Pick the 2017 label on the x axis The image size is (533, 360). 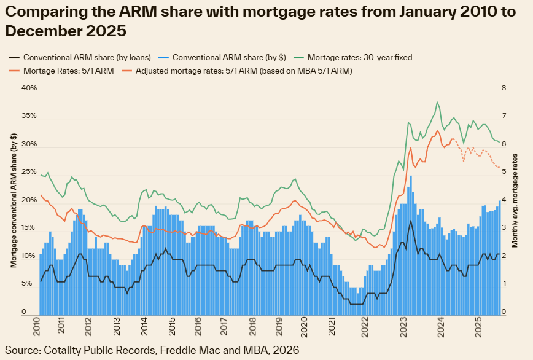click(222, 326)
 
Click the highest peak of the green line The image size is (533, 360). click(437, 102)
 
